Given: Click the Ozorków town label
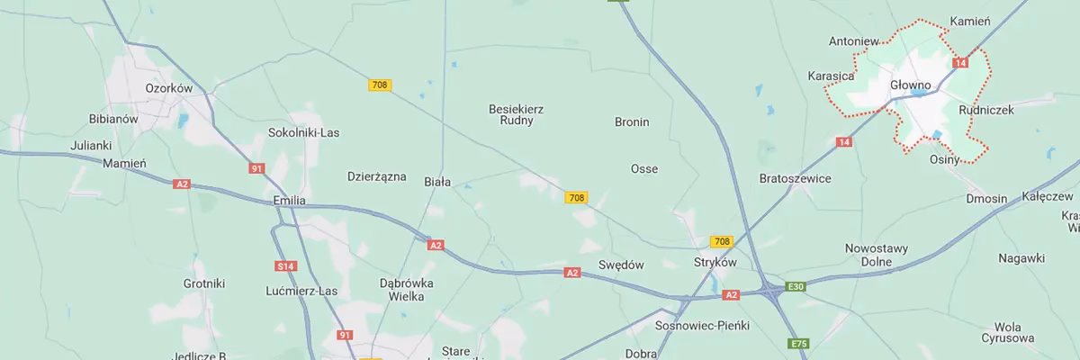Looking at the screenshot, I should click(169, 88).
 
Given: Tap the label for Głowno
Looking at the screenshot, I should click(909, 84).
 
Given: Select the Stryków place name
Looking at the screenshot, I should click(715, 262).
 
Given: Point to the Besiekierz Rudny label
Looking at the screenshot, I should click(516, 114).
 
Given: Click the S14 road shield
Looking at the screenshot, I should click(286, 265).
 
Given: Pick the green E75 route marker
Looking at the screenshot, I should click(797, 345).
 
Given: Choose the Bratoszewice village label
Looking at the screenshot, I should click(795, 178).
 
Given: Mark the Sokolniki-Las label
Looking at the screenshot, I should click(304, 132).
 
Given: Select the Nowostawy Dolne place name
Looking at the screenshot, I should click(877, 255).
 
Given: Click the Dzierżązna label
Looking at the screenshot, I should click(377, 177).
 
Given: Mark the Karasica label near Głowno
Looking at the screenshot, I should click(831, 76).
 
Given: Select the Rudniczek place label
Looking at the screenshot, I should click(986, 109).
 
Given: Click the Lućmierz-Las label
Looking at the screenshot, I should click(301, 291).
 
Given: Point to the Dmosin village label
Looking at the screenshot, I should click(985, 198).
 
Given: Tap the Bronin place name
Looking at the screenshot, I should click(632, 121).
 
